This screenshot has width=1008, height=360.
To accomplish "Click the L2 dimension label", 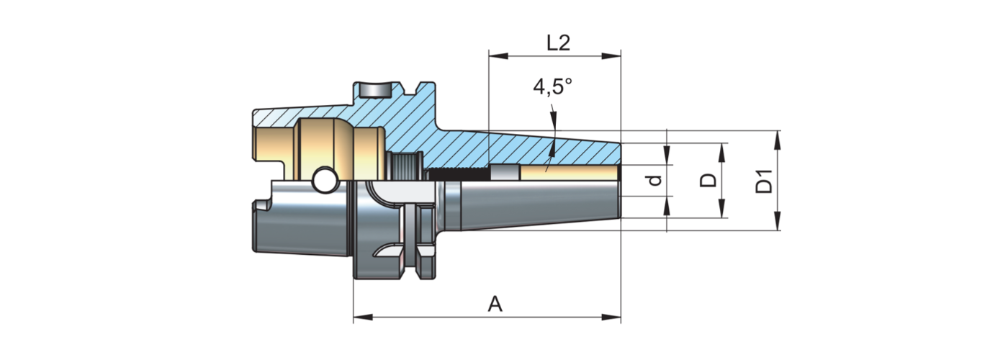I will pos(558,42).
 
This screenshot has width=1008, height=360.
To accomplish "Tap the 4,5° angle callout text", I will pos(552,87).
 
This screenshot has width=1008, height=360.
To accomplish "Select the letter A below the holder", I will pos(495,305).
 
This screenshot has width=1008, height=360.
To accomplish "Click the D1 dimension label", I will pos(765,181).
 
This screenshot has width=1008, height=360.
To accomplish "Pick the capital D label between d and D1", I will pos(709,179).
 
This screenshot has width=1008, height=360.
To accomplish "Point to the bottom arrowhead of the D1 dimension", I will pos(778,224).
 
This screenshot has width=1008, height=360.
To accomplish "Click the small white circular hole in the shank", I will pos(324,181).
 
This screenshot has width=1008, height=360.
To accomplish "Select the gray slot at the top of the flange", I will pos(374,91).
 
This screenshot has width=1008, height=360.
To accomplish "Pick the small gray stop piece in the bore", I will pos(503,172).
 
